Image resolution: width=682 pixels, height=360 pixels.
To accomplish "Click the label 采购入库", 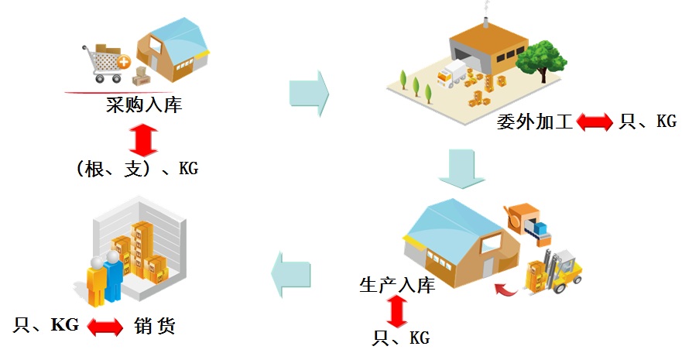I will click(144, 105).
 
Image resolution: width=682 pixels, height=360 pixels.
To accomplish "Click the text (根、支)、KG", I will click(137, 168).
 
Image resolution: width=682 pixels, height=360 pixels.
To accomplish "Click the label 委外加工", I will click(534, 122).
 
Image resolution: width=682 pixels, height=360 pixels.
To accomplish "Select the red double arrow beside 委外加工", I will click(594, 122).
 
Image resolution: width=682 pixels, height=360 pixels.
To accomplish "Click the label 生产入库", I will click(397, 284).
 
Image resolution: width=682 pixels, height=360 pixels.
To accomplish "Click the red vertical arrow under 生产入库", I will click(397, 311).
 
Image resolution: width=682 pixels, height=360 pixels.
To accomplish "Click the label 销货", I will click(155, 326).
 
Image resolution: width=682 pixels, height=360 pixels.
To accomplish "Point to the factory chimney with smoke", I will click(485, 19).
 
